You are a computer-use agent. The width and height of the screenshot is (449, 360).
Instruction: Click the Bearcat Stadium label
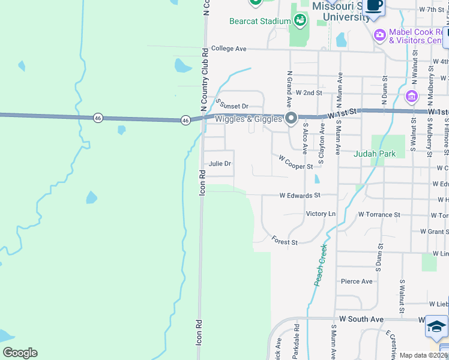(261, 21)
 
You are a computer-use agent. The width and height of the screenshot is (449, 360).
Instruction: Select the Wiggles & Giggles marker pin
(291, 118)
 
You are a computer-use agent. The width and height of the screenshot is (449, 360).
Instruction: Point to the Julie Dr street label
(220, 163)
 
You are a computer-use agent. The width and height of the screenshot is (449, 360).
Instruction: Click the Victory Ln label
(321, 214)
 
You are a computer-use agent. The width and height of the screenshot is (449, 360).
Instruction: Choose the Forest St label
(285, 241)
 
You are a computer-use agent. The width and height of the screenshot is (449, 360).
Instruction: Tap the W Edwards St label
(300, 195)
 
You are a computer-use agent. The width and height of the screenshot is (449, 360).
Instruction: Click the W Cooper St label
(295, 161)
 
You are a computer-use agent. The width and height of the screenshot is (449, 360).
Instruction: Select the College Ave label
(229, 49)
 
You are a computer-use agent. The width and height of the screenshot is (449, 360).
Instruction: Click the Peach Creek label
(319, 265)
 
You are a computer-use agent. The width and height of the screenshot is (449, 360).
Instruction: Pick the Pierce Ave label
(357, 281)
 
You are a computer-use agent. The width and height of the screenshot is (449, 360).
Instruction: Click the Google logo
(20, 353)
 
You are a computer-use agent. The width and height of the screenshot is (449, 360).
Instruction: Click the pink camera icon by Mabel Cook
(379, 34)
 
